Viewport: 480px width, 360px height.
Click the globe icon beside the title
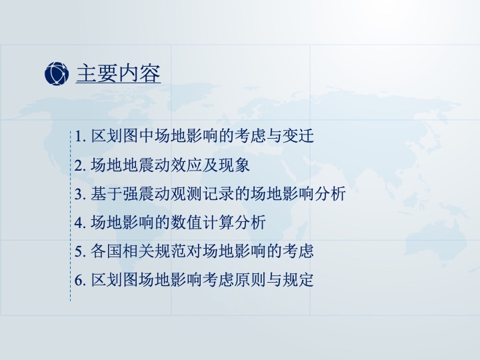[57, 73]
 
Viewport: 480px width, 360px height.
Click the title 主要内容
[118, 73]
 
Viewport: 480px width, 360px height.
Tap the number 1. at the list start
[80, 136]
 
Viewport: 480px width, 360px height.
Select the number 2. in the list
[80, 165]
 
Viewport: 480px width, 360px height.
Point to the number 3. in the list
[80, 194]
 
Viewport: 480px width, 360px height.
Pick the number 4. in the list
[80, 223]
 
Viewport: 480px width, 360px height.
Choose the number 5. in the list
[80, 251]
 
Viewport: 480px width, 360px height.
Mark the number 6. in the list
[80, 280]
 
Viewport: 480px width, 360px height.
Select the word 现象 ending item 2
[234, 165]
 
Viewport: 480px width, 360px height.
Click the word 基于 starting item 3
[107, 194]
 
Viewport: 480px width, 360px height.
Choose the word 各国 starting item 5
[107, 251]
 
